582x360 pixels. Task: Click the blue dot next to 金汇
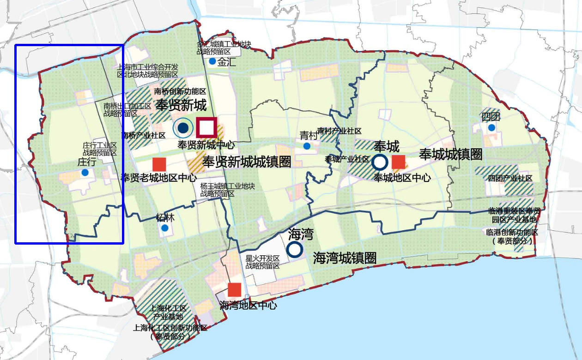point(212,61)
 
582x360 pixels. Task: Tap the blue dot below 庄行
point(85,173)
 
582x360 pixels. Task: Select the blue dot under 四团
point(491,127)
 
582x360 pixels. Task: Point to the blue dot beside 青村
point(307,146)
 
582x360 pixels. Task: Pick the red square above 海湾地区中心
point(235,289)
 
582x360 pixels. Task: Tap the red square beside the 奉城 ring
point(398,162)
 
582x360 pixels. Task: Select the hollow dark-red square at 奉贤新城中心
point(206,128)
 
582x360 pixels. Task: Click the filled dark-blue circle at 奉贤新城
point(183,128)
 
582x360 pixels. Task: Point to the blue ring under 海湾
point(294,250)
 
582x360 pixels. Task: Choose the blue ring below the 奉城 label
point(380,162)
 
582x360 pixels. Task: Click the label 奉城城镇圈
point(450,154)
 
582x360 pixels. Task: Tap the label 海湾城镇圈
point(345,258)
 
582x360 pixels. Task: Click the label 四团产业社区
point(510,178)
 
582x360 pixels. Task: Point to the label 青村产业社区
point(339,132)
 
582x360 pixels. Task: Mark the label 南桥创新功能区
point(180,91)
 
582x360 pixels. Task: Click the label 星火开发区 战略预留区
point(263,262)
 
